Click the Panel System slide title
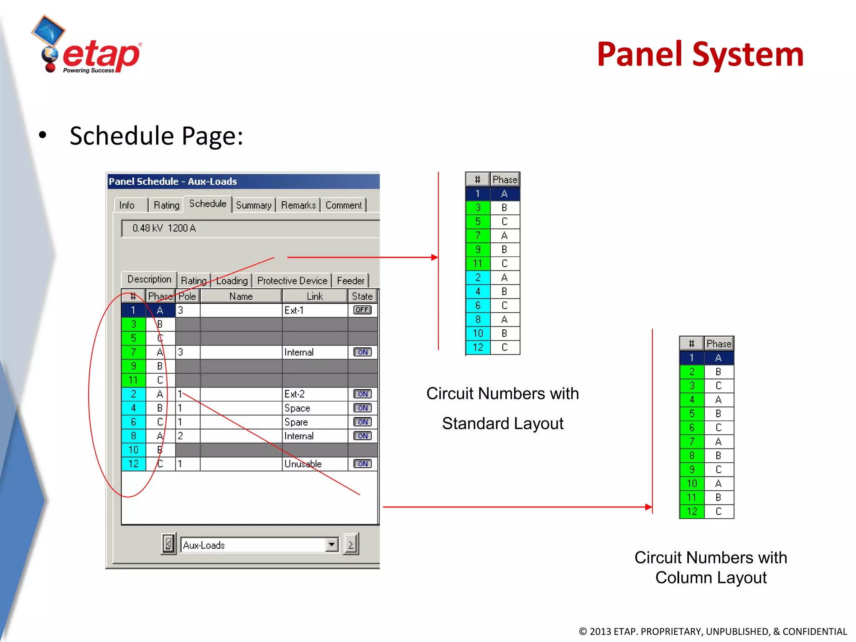point(700,55)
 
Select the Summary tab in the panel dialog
point(254,205)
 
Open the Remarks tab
point(298,205)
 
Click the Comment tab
point(344,205)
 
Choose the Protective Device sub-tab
point(292,280)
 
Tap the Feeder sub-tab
point(350,280)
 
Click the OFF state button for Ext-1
point(362,310)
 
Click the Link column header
point(315,296)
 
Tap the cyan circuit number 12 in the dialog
point(133,464)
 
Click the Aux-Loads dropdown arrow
point(332,545)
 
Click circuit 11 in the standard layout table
point(478,264)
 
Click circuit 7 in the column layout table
point(692,442)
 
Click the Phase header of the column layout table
point(719,344)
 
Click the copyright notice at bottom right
point(713,632)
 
